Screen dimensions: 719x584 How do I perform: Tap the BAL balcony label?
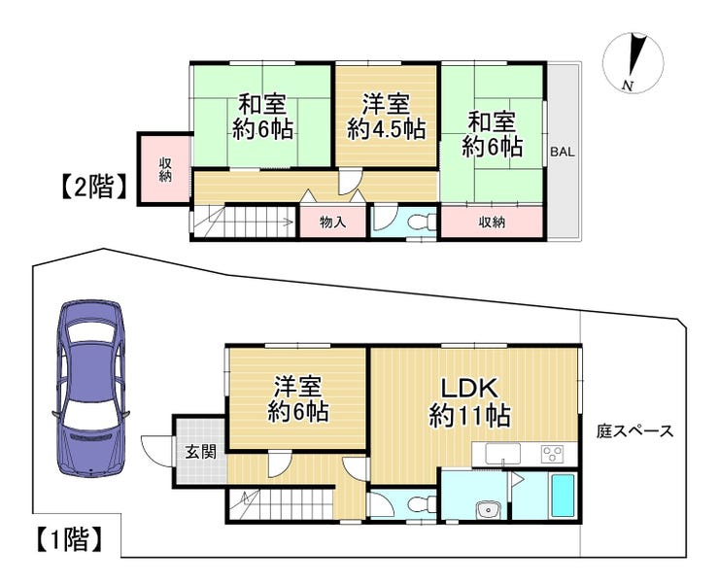pos(563,152)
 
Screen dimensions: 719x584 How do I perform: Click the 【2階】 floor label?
pos(93,187)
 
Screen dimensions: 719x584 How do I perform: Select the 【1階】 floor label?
pos(68,539)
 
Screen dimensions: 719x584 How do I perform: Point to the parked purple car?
pos(90,389)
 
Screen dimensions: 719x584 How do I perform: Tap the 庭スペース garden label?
pos(634,431)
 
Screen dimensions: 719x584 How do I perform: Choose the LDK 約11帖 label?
pos(469,402)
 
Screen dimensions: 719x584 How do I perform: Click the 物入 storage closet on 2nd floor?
pos(332,223)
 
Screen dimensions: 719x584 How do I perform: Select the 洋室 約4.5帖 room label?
pos(386,117)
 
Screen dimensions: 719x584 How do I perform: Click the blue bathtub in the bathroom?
pos(564,495)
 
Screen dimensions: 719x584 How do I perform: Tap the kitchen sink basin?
pos(503,454)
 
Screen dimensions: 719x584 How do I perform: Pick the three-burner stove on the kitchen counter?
pos(552,454)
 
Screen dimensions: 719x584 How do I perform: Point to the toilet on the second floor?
pos(422,223)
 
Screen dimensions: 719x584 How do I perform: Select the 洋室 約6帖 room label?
pos(298,399)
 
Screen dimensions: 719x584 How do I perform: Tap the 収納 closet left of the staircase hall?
pos(164,169)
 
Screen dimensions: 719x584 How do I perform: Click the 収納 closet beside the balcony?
pos(492,223)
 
